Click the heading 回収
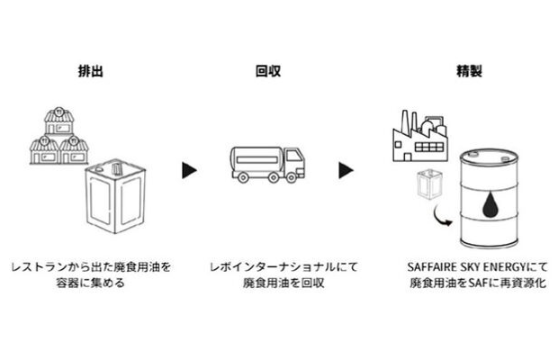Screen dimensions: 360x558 click(267, 69)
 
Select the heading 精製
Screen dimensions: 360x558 click(468, 69)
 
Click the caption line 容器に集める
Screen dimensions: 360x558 click(91, 283)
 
